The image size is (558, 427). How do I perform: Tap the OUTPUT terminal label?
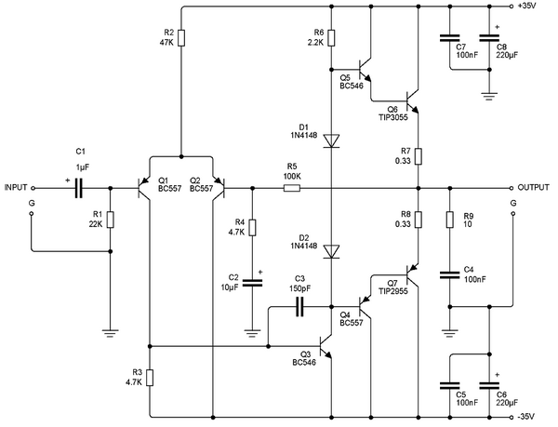point(534,186)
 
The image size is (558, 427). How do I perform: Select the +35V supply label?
point(539,7)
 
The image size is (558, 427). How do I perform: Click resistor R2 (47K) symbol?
point(181,38)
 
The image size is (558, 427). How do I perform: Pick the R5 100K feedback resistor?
point(292,187)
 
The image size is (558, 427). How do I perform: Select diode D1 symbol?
point(332,140)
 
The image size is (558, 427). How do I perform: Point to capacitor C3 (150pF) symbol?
point(299,306)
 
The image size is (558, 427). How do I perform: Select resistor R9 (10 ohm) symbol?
point(450,220)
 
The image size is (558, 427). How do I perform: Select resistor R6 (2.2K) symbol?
point(332,38)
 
